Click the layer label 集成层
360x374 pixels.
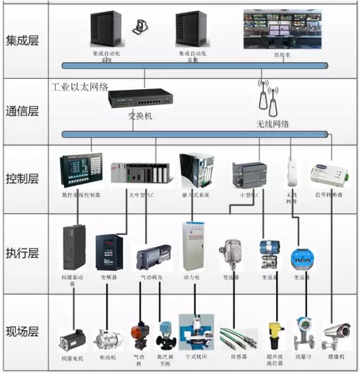23,41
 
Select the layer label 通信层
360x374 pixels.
23,111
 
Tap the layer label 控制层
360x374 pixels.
23,179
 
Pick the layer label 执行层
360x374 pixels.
23,253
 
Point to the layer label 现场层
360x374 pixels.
23,331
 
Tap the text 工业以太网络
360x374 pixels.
80,87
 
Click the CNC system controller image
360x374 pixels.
80,169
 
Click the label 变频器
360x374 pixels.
109,277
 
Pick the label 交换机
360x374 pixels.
140,116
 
